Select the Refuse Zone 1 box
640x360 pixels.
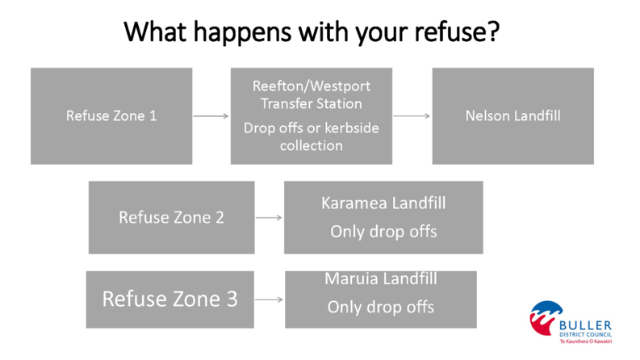click(111, 115)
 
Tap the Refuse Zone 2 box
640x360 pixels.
click(171, 217)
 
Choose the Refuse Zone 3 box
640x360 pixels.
click(169, 299)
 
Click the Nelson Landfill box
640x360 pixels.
click(512, 115)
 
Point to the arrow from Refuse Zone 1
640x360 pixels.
click(211, 116)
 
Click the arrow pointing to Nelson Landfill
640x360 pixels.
click(412, 116)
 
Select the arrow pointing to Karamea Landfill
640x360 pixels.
click(269, 217)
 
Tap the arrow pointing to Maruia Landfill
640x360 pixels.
click(269, 299)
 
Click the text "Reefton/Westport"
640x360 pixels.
click(312, 86)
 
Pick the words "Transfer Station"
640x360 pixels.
click(312, 103)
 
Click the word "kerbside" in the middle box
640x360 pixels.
click(353, 128)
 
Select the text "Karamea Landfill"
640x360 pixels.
click(383, 203)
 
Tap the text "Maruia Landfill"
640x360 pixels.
click(381, 279)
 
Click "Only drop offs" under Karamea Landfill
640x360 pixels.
click(383, 232)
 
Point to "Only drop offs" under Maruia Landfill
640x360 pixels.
click(381, 307)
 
